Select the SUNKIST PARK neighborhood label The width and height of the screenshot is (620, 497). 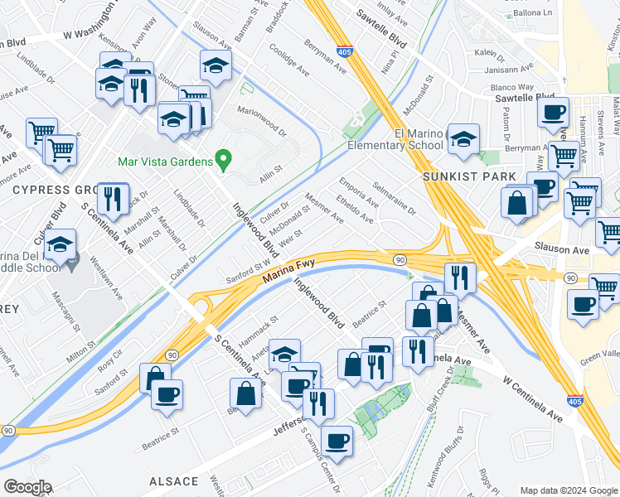coord(469,176)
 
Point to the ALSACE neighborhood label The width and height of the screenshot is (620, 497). coord(174,481)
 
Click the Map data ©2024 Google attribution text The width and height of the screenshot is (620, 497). coord(568,490)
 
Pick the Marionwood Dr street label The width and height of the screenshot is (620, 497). coord(260,121)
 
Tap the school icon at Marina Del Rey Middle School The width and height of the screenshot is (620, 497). coord(60,246)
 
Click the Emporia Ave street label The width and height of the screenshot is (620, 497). coord(358,191)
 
